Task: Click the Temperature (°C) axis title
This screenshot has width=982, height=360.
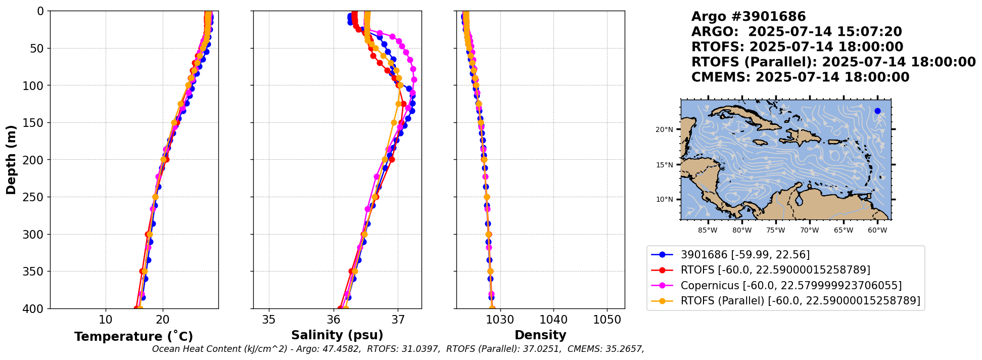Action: [x=133, y=336]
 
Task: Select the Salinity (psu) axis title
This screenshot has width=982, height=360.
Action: [x=337, y=335]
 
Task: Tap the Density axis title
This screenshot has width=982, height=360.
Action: [x=540, y=335]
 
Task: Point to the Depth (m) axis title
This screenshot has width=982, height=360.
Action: [x=11, y=160]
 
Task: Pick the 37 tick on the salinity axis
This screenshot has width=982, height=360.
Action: [x=398, y=320]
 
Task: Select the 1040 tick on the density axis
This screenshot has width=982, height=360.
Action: [x=553, y=320]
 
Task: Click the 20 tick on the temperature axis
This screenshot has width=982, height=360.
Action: [x=163, y=320]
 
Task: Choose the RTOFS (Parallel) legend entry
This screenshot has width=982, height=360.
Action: [x=800, y=301]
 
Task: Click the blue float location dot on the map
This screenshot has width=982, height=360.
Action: [x=877, y=111]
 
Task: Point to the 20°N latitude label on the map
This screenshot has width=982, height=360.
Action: [x=664, y=130]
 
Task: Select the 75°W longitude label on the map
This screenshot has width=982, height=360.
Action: [x=775, y=231]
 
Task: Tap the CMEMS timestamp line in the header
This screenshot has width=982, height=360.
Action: [x=800, y=77]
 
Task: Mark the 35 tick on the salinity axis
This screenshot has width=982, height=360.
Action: [x=269, y=320]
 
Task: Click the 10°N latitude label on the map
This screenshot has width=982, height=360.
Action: [x=664, y=200]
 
